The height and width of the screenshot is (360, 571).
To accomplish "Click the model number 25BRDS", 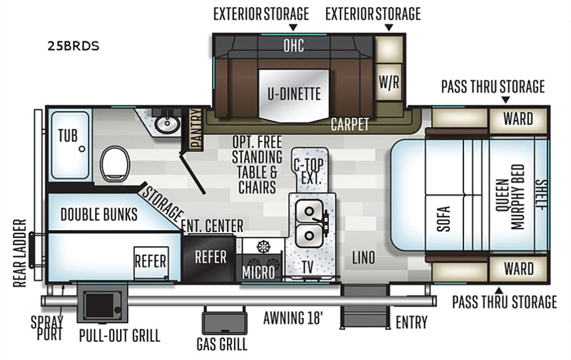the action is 74,46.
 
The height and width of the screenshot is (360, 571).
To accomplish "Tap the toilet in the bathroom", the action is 115,164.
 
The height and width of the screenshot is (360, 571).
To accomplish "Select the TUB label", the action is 68,136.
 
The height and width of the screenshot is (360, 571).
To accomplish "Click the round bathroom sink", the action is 168,124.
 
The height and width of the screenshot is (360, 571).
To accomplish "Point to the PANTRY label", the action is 196,129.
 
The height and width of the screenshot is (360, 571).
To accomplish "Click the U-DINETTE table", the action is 294,95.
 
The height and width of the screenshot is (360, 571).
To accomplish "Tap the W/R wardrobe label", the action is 389,82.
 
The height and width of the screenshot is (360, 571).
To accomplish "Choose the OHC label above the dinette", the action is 293,46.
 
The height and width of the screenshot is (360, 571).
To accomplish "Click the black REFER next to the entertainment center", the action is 210,257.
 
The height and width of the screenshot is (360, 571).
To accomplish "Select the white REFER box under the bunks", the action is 151,262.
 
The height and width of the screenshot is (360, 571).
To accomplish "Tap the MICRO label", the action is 258,273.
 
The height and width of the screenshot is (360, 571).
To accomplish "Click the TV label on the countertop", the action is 308,267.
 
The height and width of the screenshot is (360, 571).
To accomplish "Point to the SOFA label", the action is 443,219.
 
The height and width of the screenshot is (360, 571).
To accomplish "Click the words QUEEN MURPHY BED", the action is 510,196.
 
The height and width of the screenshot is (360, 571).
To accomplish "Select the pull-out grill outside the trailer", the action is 102,304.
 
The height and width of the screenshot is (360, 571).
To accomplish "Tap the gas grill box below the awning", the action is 224,321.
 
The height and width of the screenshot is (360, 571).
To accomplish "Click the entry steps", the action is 365,307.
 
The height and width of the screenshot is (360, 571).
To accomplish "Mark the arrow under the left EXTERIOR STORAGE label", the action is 293,27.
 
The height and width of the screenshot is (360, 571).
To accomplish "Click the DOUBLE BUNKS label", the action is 98,214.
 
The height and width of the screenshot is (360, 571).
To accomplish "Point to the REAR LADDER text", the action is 20,254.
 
